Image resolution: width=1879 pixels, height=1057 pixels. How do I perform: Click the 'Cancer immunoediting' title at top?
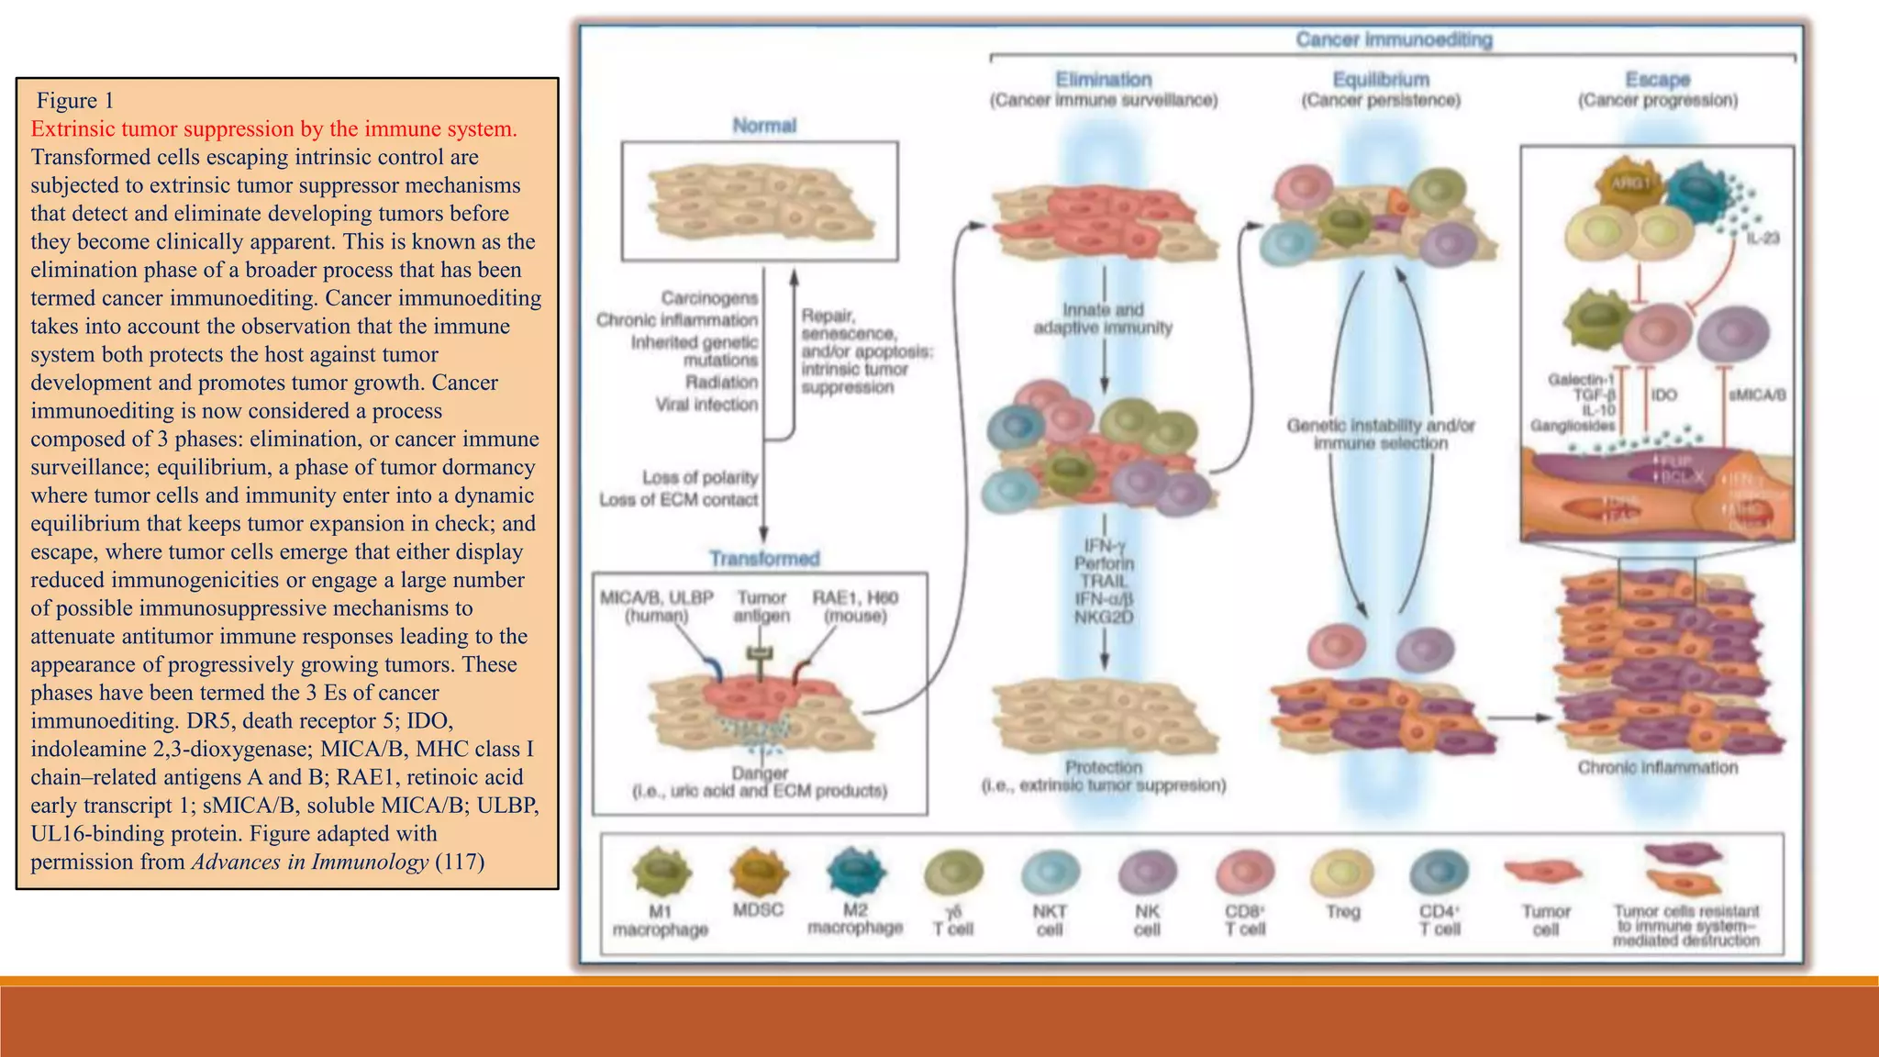(x=1394, y=39)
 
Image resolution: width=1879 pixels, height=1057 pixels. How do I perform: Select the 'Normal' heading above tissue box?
(x=763, y=126)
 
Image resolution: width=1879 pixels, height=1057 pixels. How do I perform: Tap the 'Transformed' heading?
(x=763, y=558)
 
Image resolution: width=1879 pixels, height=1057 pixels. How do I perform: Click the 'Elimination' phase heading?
(x=1103, y=80)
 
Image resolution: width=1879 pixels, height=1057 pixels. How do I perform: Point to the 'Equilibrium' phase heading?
(x=1381, y=80)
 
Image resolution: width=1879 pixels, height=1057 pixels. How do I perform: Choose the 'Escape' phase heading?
(x=1657, y=80)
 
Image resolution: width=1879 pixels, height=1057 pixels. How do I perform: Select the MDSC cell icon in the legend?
(x=759, y=870)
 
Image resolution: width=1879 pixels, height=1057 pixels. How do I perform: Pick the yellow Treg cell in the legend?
(x=1342, y=872)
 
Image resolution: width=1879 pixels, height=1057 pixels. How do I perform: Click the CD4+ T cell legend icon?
(x=1439, y=872)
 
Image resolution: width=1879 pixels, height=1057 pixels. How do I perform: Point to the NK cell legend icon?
(x=1147, y=872)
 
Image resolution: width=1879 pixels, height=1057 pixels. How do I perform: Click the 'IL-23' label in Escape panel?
(x=1762, y=239)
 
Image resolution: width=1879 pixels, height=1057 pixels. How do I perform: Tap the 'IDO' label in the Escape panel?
(x=1663, y=395)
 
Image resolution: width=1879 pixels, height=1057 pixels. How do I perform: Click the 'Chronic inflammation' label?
(x=1657, y=767)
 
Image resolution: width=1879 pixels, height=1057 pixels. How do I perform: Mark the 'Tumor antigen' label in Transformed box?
(x=762, y=606)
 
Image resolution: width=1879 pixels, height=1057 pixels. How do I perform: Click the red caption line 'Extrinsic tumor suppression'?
(x=273, y=128)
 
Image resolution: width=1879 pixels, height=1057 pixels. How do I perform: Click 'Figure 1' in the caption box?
(x=74, y=100)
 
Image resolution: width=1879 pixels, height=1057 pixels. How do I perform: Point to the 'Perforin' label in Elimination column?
(x=1104, y=562)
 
